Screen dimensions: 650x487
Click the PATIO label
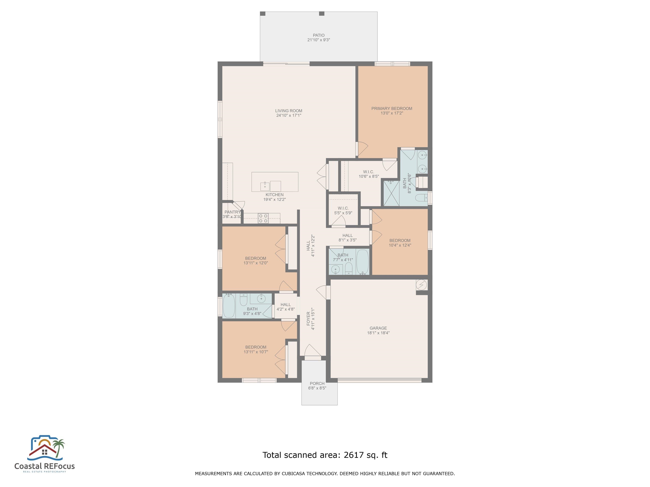coord(318,35)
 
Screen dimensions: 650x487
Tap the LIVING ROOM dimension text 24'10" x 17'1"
coord(289,115)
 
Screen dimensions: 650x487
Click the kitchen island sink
coord(265,186)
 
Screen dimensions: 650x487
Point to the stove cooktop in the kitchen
coord(263,218)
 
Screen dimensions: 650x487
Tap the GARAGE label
coord(378,328)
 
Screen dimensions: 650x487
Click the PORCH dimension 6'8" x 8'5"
coord(317,388)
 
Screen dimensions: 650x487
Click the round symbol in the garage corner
coord(421,285)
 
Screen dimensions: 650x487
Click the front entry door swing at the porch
coord(313,351)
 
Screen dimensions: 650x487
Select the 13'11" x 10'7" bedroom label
coord(256,347)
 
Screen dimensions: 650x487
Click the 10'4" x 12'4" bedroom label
coord(400,240)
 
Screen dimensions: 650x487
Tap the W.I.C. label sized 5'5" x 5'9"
coord(343,208)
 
